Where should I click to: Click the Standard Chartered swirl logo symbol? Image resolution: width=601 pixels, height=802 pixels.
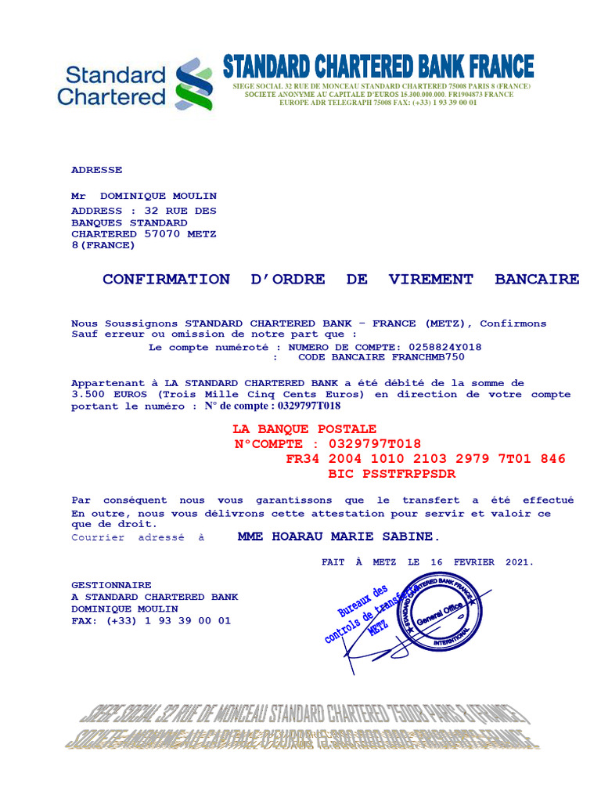pyautogui.click(x=194, y=83)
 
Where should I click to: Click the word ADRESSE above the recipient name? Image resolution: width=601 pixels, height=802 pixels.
pyautogui.click(x=96, y=170)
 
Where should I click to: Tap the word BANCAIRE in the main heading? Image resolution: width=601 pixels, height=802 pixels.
pyautogui.click(x=537, y=280)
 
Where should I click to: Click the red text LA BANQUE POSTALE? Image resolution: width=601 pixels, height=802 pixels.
pyautogui.click(x=304, y=429)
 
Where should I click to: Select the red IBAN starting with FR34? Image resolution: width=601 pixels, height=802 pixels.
pyautogui.click(x=426, y=459)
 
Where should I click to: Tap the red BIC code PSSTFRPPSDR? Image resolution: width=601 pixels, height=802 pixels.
pyautogui.click(x=391, y=474)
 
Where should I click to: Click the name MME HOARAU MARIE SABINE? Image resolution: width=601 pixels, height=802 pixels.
pyautogui.click(x=339, y=536)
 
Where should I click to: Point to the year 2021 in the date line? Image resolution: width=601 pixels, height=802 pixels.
pyautogui.click(x=517, y=562)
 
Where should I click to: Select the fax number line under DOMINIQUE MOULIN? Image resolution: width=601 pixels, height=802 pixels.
pyautogui.click(x=151, y=620)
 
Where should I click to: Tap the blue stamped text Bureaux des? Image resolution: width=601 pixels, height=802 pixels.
pyautogui.click(x=363, y=602)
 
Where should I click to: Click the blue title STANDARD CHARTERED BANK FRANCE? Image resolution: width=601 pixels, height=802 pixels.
pyautogui.click(x=379, y=67)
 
